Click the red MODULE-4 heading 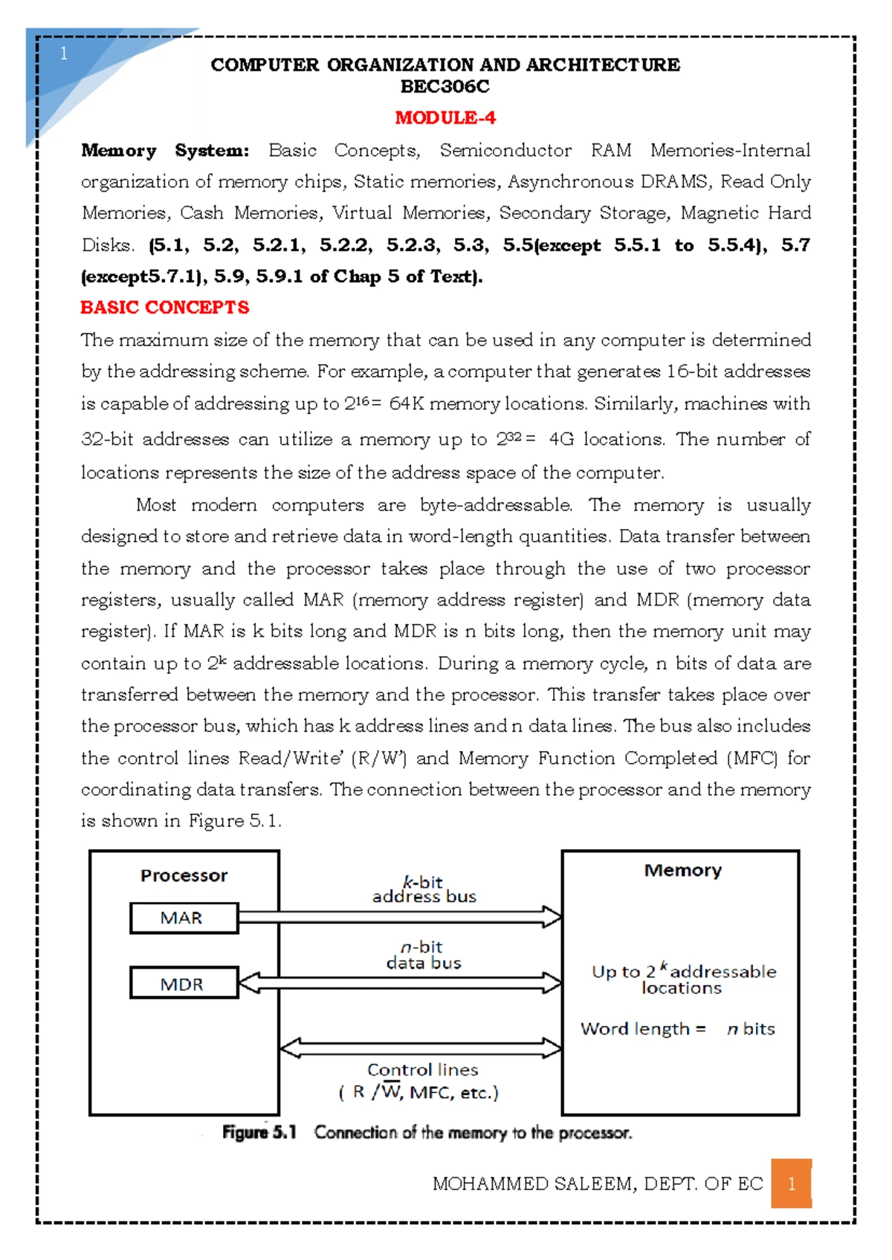(445, 117)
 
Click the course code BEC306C (445, 87)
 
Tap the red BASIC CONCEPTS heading (164, 307)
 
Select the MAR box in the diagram (184, 918)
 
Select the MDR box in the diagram (184, 984)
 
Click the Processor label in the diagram (184, 875)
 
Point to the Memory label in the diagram (682, 870)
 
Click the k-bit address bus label (424, 889)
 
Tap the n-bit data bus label (423, 955)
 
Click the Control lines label (422, 1070)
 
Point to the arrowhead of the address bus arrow (552, 918)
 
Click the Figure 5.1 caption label (259, 1132)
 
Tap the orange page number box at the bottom (791, 1183)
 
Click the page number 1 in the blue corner (64, 53)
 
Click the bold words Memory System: (165, 151)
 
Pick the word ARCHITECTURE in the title (603, 65)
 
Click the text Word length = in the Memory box (643, 1029)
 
